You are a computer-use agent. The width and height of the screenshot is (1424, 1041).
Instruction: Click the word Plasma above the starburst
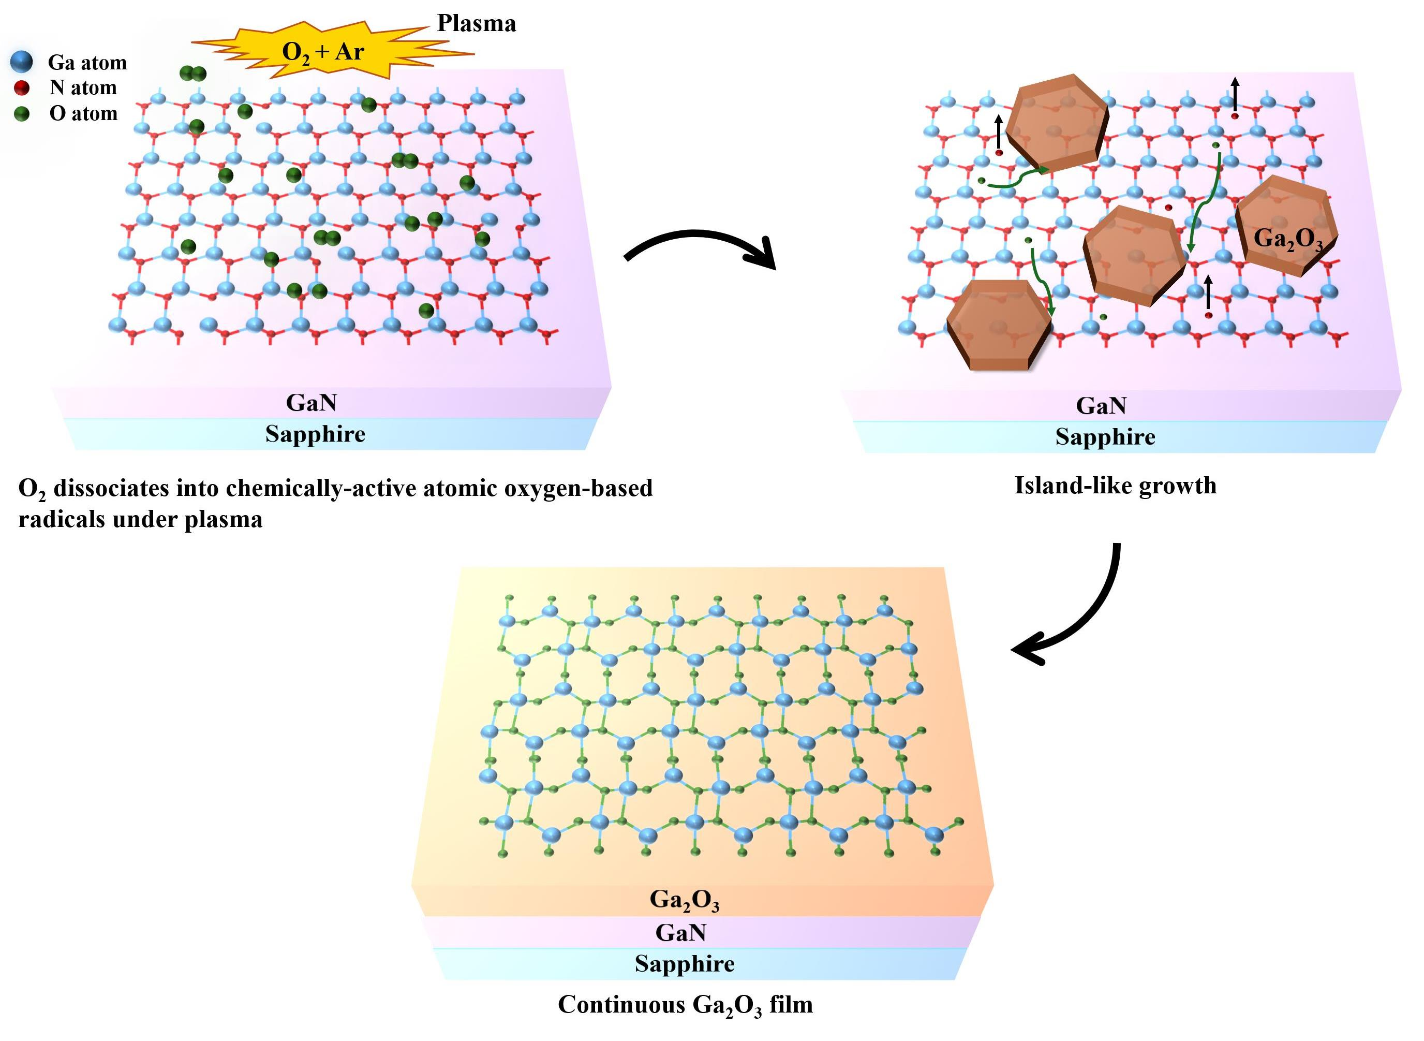click(476, 23)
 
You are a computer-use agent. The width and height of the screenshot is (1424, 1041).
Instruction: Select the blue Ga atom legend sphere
click(21, 62)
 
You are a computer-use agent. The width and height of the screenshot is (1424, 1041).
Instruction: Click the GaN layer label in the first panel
click(311, 403)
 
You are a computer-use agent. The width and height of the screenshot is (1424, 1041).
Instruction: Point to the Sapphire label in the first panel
click(315, 434)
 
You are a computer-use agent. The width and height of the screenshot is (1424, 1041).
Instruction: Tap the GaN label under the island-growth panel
click(1101, 406)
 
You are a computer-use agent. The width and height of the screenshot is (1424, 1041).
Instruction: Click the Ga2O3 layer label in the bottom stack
click(684, 900)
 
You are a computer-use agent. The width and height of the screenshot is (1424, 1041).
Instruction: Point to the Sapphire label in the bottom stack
click(685, 963)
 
